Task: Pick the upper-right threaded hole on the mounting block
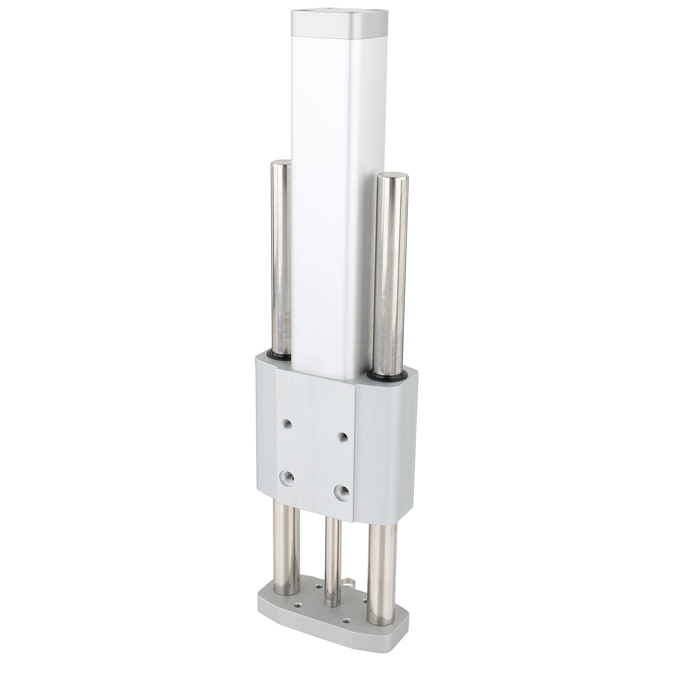coord(343,436)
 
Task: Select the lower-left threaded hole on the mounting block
coord(285,475)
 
